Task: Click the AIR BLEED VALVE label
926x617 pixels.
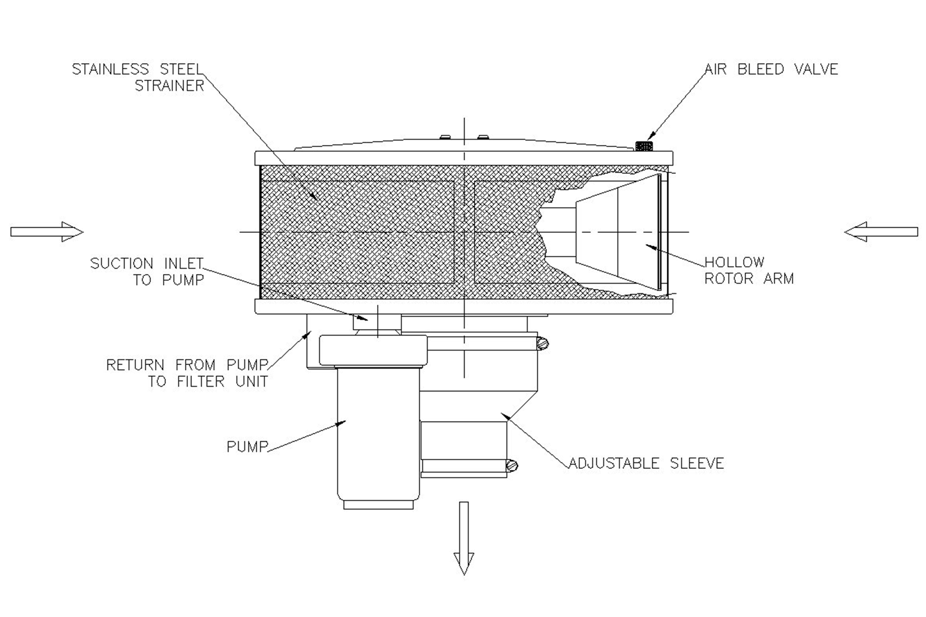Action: [771, 69]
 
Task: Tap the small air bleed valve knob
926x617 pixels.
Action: [644, 146]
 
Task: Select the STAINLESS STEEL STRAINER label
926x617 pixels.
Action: [138, 77]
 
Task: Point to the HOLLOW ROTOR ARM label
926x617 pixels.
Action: [749, 270]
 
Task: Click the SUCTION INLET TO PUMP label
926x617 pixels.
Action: [147, 271]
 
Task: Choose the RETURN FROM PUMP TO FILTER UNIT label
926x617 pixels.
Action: [187, 373]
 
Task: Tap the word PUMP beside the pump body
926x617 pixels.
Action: [247, 446]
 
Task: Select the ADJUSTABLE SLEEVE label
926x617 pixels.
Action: [646, 463]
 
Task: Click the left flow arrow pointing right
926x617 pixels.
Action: [47, 232]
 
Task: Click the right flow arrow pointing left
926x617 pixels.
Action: [881, 232]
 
